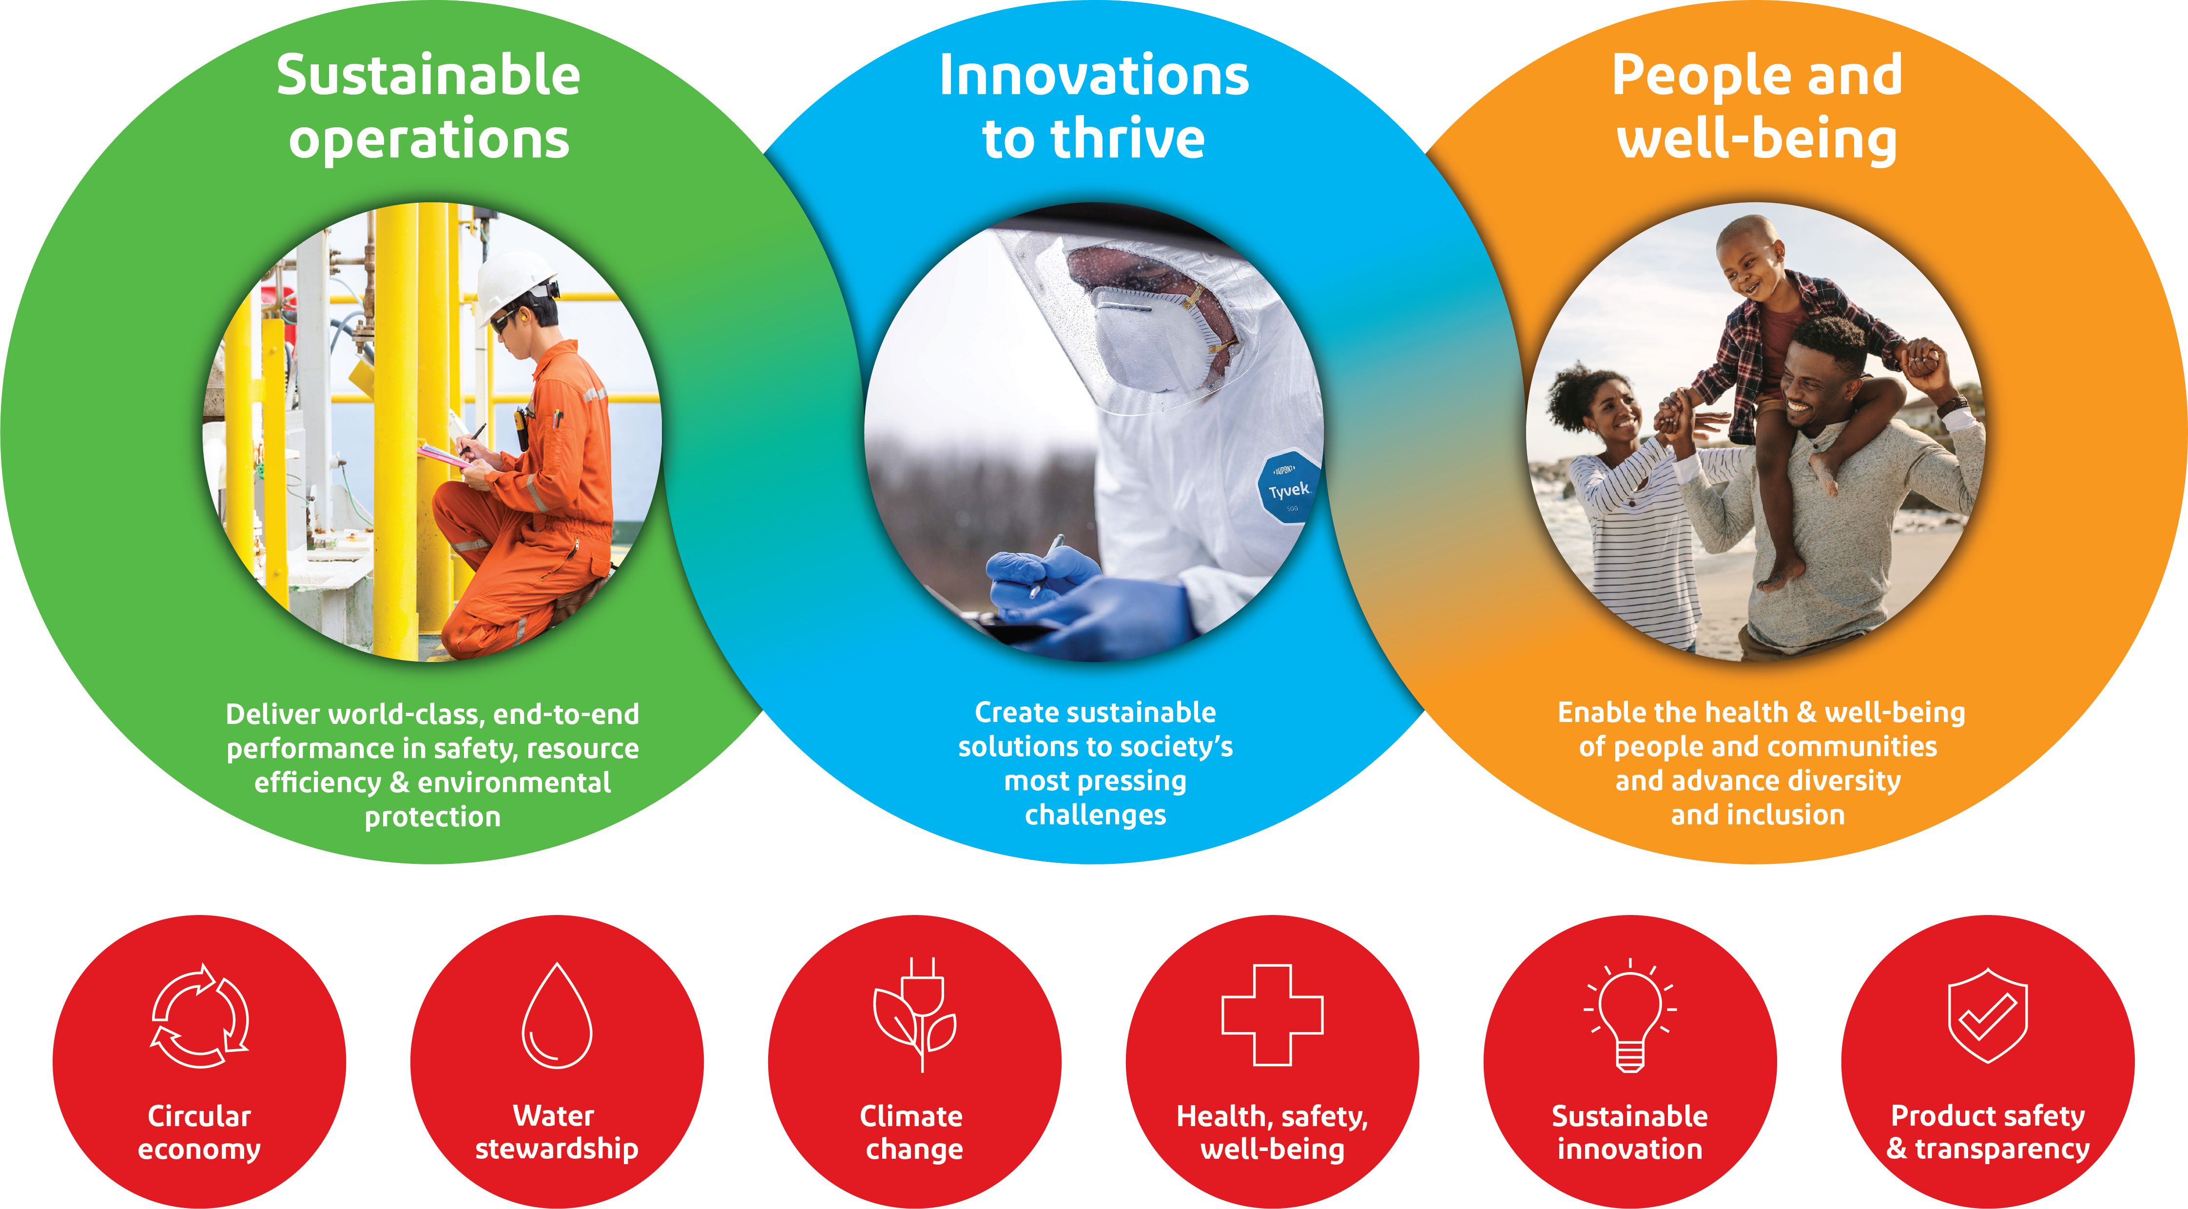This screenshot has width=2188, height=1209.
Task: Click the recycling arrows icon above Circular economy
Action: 200,1015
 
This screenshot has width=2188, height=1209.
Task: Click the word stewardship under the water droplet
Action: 556,1149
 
